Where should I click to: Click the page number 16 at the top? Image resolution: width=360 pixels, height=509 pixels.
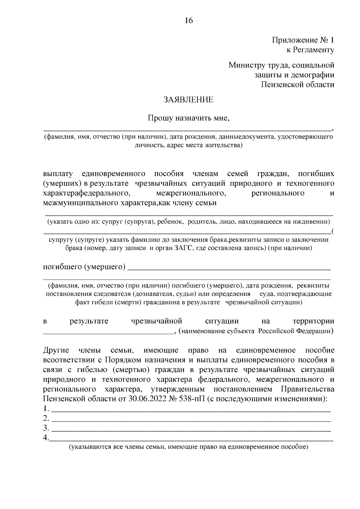(x=189, y=20)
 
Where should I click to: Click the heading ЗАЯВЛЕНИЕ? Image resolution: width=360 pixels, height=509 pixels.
(x=188, y=100)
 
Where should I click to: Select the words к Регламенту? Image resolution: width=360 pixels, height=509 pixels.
(x=310, y=50)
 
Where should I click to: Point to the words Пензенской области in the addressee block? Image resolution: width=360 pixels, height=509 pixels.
(x=297, y=85)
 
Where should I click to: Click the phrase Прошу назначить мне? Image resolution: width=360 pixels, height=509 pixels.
(x=188, y=118)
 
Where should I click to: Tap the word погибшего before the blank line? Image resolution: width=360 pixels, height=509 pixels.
(x=62, y=266)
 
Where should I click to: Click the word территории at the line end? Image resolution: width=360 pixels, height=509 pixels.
(x=313, y=321)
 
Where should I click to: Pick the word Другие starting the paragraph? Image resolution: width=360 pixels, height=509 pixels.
(x=56, y=350)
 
